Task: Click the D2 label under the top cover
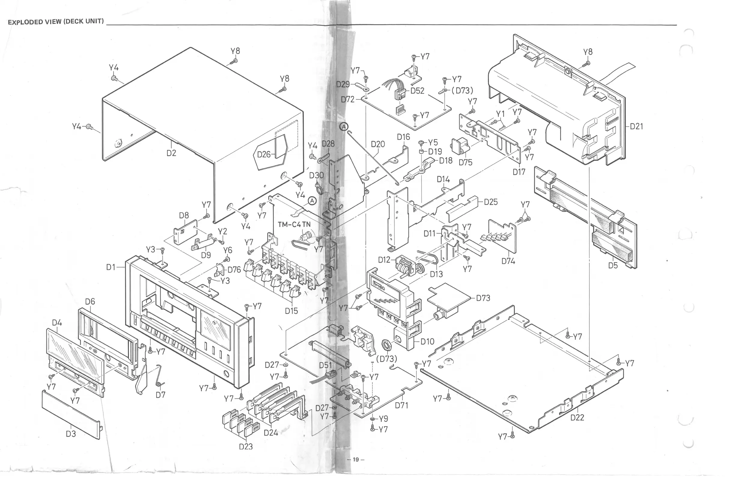(x=171, y=153)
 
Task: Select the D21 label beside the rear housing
(x=636, y=126)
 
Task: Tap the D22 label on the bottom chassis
(x=577, y=417)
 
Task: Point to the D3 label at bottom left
(x=71, y=434)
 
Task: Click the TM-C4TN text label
(x=294, y=224)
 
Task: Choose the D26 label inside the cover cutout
(x=264, y=154)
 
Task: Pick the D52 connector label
(x=417, y=91)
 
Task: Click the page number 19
(x=356, y=459)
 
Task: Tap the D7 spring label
(x=160, y=395)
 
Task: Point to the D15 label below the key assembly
(x=291, y=311)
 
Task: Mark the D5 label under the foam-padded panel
(x=613, y=265)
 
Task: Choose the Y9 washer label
(x=383, y=418)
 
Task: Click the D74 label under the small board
(x=508, y=261)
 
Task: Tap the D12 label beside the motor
(x=385, y=260)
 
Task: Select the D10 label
(x=427, y=341)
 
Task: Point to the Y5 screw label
(x=433, y=142)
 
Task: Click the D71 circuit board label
(x=401, y=405)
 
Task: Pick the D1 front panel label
(x=111, y=267)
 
